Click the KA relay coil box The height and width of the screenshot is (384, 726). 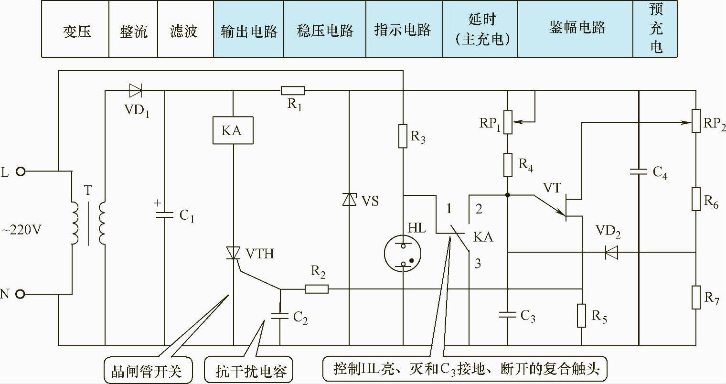coord(233,130)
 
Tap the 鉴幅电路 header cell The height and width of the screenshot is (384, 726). coord(577,29)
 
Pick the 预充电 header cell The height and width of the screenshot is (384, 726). coord(655,29)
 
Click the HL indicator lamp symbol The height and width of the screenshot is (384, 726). coord(404,253)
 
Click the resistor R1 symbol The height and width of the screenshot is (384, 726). coord(292,90)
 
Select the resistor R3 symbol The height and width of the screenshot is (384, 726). coord(403,136)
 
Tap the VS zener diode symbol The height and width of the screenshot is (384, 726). coord(350,199)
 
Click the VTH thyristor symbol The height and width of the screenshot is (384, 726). coord(233,253)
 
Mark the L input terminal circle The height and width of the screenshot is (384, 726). coord(21,171)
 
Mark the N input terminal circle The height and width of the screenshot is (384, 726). coord(21,294)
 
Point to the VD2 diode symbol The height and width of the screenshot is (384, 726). coord(611,252)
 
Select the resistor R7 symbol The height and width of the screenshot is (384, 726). coord(695,298)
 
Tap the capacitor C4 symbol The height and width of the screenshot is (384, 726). coord(639,171)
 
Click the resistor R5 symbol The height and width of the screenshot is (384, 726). coord(582,316)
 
